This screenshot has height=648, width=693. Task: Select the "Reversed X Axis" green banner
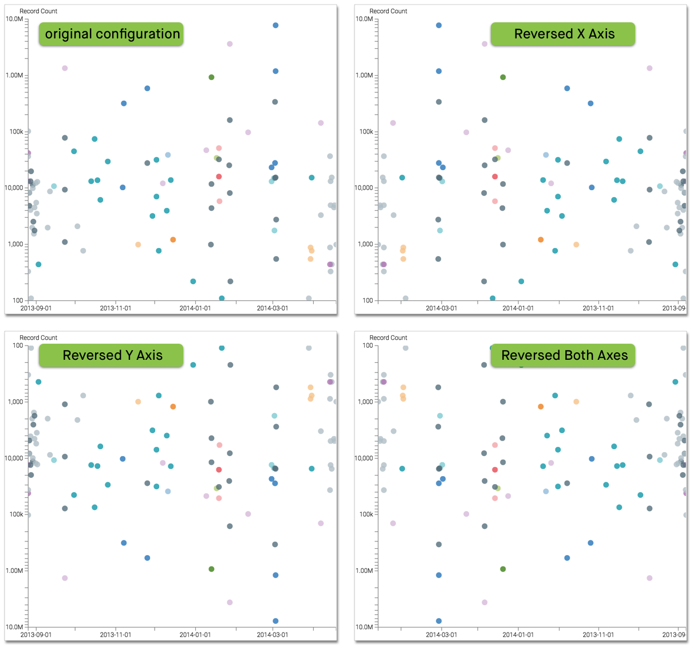click(564, 34)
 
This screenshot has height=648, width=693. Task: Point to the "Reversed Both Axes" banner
click(564, 355)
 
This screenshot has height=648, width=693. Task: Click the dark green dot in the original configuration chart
click(211, 77)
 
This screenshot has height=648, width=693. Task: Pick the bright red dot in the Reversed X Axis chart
click(495, 176)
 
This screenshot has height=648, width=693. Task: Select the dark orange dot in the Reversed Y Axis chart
click(173, 407)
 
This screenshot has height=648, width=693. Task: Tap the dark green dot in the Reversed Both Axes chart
click(503, 569)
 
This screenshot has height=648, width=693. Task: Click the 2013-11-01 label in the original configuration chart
click(116, 308)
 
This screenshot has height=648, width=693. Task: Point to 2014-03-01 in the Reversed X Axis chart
click(441, 308)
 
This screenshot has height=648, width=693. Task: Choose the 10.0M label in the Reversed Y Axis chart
click(14, 627)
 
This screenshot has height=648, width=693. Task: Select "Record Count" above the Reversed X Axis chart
click(388, 11)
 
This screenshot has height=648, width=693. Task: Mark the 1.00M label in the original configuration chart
click(14, 76)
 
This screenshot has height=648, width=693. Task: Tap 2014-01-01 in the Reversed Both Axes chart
click(518, 635)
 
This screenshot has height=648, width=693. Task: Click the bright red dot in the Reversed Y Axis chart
click(219, 470)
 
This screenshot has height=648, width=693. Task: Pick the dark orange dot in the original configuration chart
click(173, 239)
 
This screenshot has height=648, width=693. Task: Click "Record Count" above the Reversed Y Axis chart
click(38, 337)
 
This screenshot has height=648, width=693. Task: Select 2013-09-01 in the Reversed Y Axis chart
click(36, 635)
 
